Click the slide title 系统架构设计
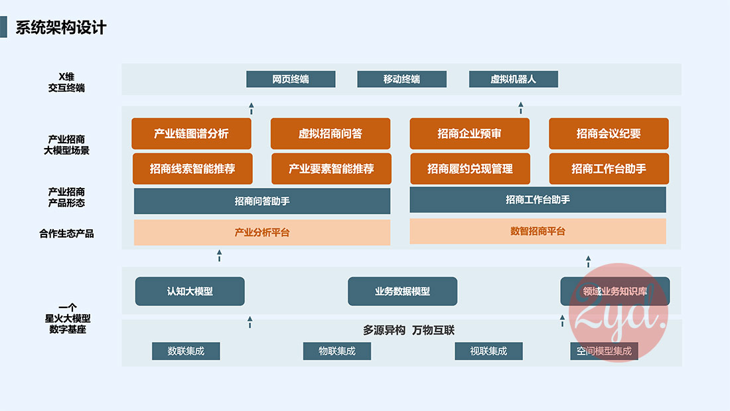coord(60,28)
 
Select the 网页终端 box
coord(291,79)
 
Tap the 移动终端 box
coord(402,79)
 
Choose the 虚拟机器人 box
coord(513,79)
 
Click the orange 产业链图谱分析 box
coord(191,133)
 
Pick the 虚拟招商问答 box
coord(330,133)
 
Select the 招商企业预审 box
coord(469,133)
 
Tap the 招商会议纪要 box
coord(609,133)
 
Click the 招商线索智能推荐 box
coord(192,169)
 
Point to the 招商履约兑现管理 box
coord(470,169)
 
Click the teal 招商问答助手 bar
coord(262,201)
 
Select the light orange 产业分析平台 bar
coord(262,232)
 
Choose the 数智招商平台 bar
coord(538,231)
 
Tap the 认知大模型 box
coord(190,291)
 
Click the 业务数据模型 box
coord(402,291)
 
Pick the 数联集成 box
coord(185,351)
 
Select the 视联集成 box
coord(488,351)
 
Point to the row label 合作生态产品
coord(66,234)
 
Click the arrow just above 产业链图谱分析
coord(251,108)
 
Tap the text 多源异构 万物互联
coord(408,330)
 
